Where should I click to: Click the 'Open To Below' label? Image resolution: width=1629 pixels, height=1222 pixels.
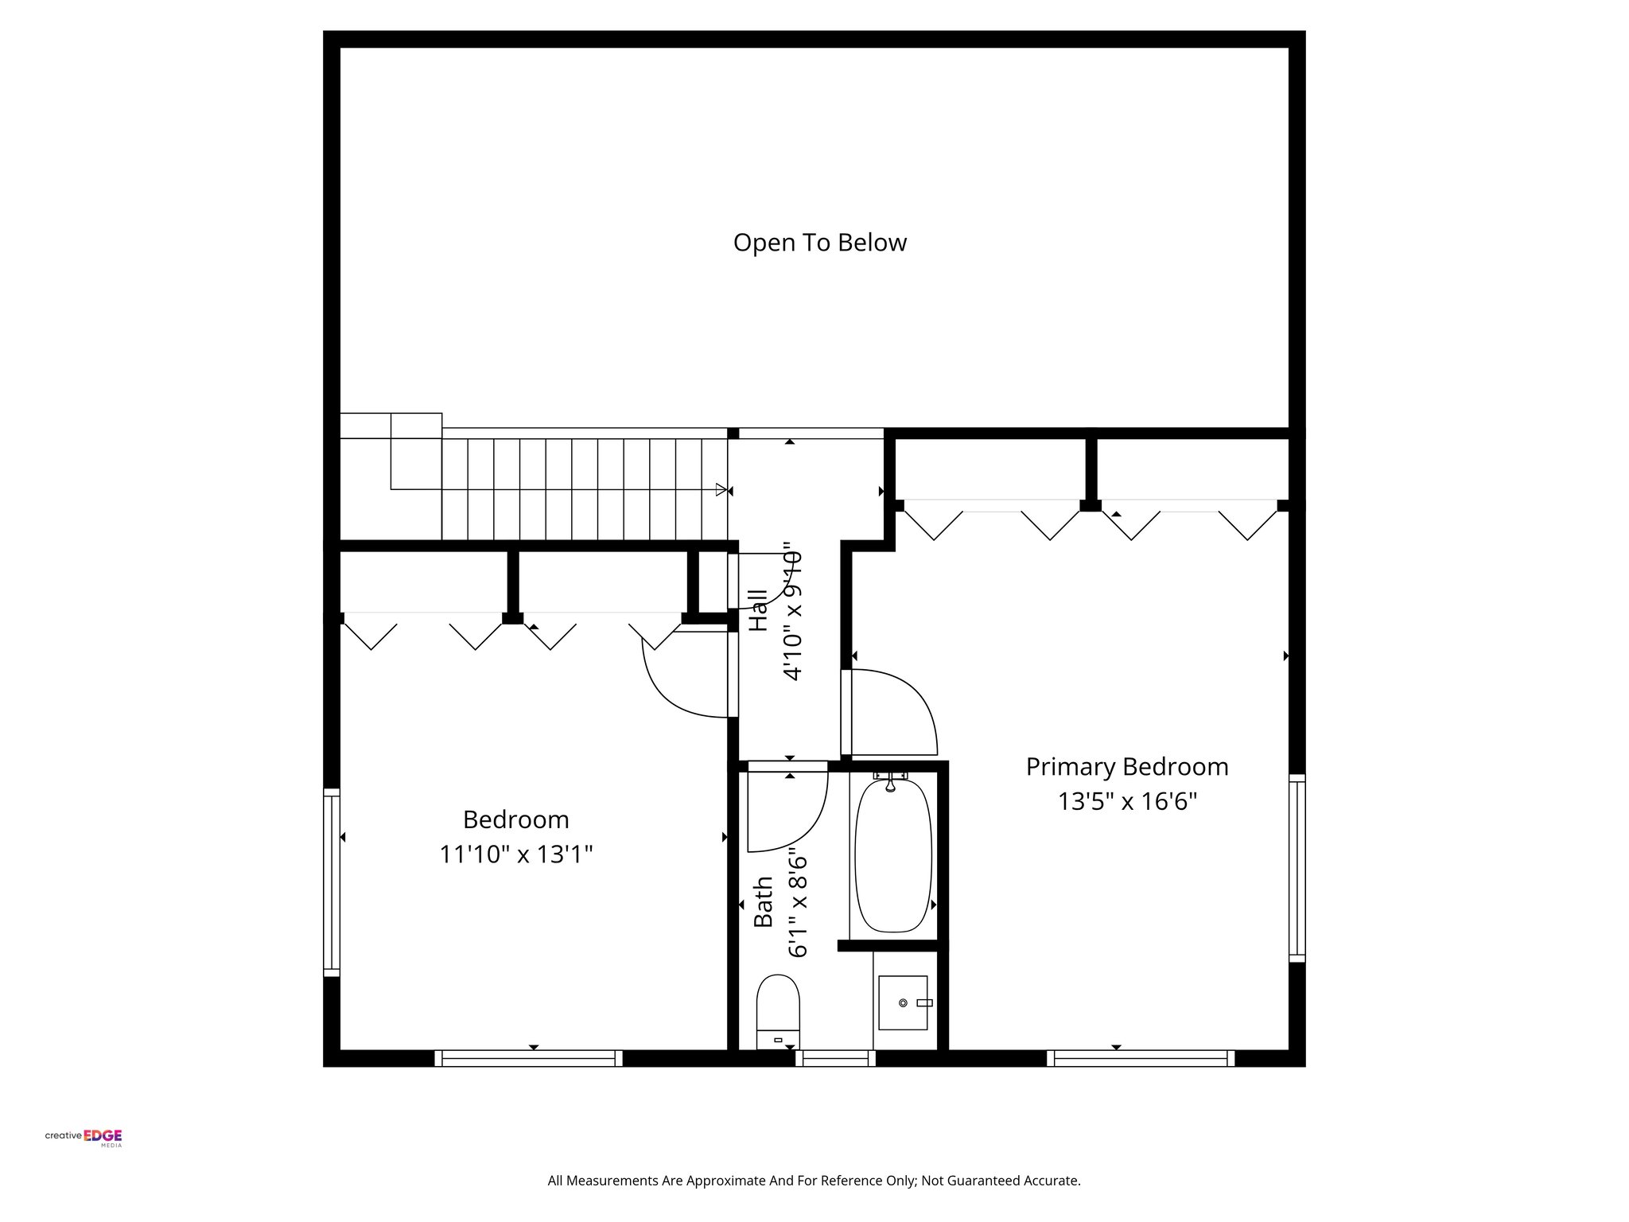pos(819,243)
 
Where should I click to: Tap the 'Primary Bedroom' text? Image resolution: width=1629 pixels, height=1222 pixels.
pos(1126,767)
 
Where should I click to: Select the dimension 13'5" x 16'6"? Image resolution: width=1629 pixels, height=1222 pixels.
pos(1126,801)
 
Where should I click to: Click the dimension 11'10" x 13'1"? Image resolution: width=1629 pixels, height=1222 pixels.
pos(516,854)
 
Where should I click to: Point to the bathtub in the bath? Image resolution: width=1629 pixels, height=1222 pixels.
pos(892,855)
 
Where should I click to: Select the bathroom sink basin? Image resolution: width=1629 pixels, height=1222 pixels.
pos(903,1002)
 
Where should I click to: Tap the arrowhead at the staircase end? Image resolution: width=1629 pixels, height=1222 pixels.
pos(721,489)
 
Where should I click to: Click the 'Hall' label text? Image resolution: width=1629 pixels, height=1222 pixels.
pos(759,610)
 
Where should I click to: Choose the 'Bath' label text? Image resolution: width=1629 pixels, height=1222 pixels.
pos(763,901)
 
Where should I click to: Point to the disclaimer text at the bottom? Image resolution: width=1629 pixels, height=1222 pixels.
pos(814,1181)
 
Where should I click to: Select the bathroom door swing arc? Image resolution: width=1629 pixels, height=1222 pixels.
pos(799,819)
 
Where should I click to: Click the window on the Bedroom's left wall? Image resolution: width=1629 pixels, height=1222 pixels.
pos(332,881)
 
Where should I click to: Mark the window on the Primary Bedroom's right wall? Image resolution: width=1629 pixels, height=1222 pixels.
pos(1297,868)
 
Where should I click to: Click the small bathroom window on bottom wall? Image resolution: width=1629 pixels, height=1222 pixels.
pos(835,1057)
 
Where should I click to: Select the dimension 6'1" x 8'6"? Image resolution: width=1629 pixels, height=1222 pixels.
pos(798,905)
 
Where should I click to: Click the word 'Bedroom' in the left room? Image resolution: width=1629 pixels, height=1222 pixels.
pos(516,819)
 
